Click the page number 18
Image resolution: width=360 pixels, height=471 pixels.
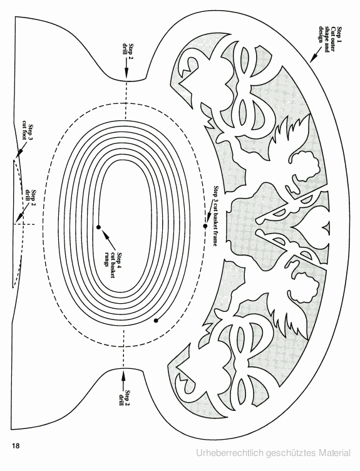click(16, 445)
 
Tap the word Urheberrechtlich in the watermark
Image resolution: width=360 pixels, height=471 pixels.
click(230, 453)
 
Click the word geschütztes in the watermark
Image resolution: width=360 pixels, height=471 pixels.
click(291, 453)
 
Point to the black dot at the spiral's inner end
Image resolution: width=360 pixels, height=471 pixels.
click(98, 227)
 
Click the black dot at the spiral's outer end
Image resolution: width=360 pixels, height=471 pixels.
click(155, 321)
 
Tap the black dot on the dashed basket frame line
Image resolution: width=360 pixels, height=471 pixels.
click(205, 226)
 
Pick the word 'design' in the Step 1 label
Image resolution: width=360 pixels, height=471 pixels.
click(322, 34)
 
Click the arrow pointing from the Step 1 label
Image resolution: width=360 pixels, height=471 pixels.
click(316, 54)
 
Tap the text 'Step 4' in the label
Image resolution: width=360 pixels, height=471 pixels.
click(119, 258)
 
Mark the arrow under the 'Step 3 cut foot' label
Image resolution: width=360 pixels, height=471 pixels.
click(21, 150)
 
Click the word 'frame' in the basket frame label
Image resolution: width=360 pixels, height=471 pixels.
click(215, 239)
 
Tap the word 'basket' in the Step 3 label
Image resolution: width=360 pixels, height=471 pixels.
click(215, 222)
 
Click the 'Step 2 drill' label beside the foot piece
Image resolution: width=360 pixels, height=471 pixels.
click(31, 197)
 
